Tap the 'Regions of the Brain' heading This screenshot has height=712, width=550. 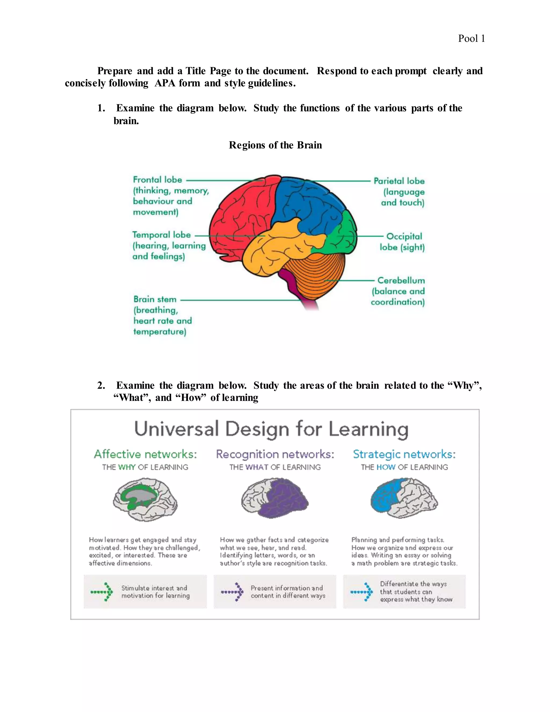pyautogui.click(x=275, y=145)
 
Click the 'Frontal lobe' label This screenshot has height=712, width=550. pyautogui.click(x=157, y=180)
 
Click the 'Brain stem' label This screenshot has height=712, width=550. pyautogui.click(x=155, y=299)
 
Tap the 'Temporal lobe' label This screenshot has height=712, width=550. pyautogui.click(x=161, y=235)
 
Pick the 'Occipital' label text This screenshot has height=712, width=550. pyautogui.click(x=404, y=236)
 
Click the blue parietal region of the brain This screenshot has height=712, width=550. pyautogui.click(x=306, y=202)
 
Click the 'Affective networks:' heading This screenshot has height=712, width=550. pyautogui.click(x=145, y=454)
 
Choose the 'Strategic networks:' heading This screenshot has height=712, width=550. pyautogui.click(x=404, y=454)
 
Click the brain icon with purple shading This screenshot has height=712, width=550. pyautogui.click(x=275, y=498)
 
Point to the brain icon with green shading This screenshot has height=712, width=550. pyautogui.click(x=145, y=499)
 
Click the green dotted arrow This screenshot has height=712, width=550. pyautogui.click(x=102, y=592)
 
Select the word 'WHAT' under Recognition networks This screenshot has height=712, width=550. pyautogui.click(x=257, y=467)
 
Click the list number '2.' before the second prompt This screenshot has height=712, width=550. pyautogui.click(x=101, y=385)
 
